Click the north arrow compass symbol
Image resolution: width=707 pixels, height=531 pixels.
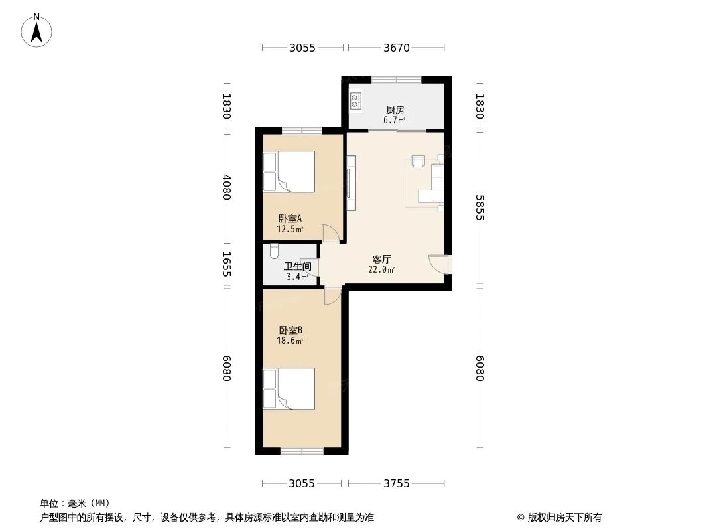click(x=36, y=31)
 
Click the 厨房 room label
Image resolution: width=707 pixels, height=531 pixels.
click(x=395, y=110)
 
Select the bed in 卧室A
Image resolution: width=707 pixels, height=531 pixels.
click(x=289, y=172)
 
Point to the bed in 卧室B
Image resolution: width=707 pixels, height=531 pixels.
click(x=289, y=389)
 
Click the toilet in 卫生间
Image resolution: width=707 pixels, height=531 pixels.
click(x=274, y=252)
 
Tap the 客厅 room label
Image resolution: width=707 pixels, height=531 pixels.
click(x=381, y=259)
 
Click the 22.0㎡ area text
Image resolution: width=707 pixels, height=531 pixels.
click(x=381, y=269)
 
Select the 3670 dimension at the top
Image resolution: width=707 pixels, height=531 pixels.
click(x=397, y=47)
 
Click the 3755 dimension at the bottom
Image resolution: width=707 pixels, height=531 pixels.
click(x=397, y=483)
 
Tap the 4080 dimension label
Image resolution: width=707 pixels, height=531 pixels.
click(x=226, y=187)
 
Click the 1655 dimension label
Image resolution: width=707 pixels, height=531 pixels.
click(x=226, y=264)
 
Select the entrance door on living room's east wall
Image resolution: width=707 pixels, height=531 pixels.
click(x=439, y=264)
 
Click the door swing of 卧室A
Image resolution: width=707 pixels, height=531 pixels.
click(x=330, y=233)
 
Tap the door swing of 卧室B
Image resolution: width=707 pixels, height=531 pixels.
click(x=332, y=296)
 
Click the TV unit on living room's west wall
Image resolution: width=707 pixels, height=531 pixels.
click(x=352, y=183)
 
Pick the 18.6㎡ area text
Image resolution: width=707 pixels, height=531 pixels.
click(x=290, y=341)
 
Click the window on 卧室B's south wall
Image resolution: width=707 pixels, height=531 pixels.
click(x=302, y=451)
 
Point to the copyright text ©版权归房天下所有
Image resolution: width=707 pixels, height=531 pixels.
click(x=559, y=518)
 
